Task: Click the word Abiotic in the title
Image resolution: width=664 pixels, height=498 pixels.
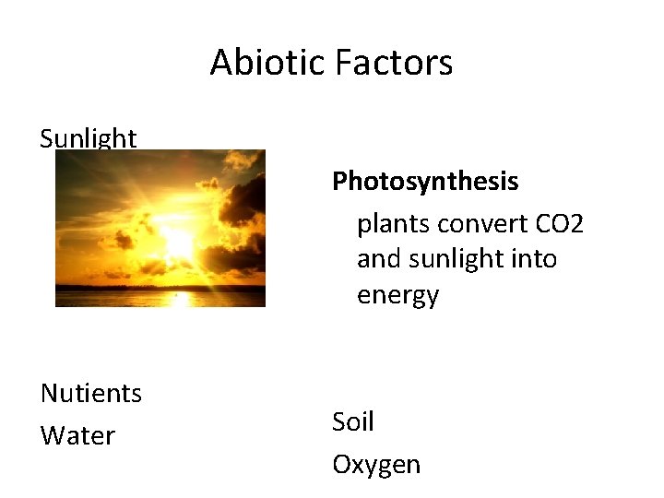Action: (268, 63)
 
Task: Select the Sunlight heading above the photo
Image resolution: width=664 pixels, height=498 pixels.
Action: (89, 139)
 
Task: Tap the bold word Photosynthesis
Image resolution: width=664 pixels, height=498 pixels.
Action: (425, 182)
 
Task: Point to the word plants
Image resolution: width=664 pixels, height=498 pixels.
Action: (395, 223)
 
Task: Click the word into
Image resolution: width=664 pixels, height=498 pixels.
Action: (536, 259)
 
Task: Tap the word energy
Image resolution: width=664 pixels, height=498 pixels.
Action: (397, 296)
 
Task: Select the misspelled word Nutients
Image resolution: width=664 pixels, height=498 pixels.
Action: (91, 394)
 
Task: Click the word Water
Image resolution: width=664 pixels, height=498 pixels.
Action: (77, 435)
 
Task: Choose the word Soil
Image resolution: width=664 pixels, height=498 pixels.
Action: (353, 422)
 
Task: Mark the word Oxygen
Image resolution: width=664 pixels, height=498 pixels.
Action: (376, 465)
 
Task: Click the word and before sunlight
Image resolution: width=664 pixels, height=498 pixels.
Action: (378, 259)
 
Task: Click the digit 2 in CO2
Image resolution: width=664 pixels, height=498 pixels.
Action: (577, 223)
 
